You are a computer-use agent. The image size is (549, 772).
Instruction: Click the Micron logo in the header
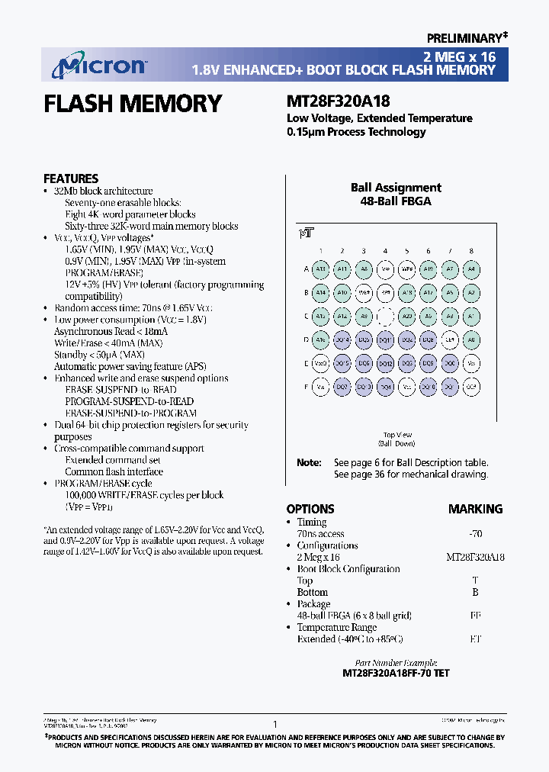98,66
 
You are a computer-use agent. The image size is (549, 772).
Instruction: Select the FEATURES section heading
71,178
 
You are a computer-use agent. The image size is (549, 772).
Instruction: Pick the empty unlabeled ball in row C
386,316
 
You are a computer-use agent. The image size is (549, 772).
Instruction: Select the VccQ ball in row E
321,363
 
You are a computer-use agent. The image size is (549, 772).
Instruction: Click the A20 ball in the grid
407,316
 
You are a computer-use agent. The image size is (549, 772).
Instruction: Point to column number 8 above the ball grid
472,250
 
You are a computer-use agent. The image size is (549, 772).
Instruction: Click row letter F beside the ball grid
305,387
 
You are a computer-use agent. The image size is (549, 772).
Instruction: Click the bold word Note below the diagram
308,462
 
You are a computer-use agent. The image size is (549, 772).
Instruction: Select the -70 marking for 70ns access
475,534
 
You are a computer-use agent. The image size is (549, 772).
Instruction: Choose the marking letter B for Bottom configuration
475,592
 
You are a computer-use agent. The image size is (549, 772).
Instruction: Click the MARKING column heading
475,509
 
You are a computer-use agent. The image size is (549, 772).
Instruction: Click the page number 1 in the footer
274,724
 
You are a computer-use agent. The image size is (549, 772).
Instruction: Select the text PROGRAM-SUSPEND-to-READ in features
129,401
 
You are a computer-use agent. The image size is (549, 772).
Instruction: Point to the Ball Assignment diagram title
396,188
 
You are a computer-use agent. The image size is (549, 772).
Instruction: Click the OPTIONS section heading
310,509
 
